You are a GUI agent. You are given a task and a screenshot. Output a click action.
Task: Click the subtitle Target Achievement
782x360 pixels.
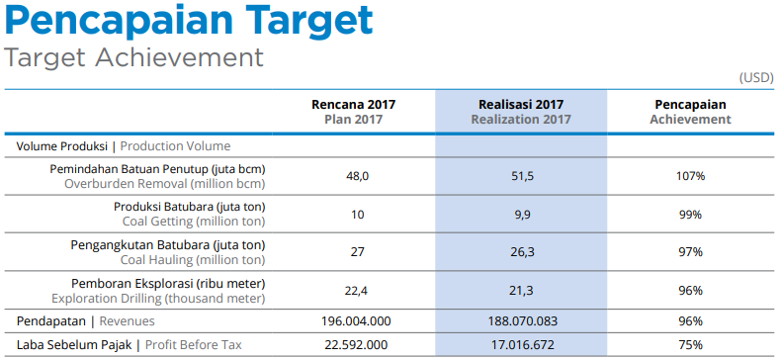[134, 57]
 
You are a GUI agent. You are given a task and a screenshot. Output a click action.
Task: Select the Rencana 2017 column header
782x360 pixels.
[353, 111]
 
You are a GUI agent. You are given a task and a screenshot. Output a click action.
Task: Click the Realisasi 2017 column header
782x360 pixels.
[521, 111]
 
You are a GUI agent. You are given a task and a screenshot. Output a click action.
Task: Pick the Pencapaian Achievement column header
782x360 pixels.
[690, 111]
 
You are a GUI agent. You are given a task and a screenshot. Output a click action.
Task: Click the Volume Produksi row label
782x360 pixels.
[124, 145]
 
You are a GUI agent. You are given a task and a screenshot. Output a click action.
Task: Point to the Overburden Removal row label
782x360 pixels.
[158, 176]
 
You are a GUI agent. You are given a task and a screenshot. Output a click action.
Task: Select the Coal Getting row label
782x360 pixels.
[189, 214]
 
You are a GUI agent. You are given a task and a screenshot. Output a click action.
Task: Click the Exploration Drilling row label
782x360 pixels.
[158, 290]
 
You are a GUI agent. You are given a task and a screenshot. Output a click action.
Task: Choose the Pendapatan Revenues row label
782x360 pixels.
[86, 321]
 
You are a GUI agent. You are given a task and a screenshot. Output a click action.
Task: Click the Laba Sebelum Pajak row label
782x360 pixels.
[129, 345]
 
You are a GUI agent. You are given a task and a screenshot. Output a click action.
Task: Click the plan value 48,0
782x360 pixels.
[357, 176]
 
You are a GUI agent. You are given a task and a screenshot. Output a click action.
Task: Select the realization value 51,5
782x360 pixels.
[521, 176]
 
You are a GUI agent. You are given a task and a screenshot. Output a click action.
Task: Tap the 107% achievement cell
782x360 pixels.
[690, 176]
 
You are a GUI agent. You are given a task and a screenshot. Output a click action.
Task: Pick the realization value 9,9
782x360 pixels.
[521, 215]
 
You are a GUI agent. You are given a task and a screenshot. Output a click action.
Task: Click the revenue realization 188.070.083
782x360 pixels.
[521, 321]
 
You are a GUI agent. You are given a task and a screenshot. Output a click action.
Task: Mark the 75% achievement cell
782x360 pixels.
[690, 345]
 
